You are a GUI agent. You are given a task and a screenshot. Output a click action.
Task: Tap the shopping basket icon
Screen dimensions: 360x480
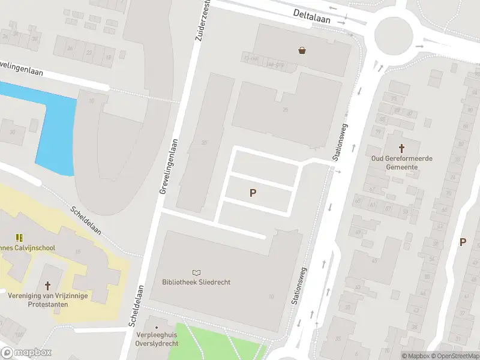pyautogui.click(x=302, y=50)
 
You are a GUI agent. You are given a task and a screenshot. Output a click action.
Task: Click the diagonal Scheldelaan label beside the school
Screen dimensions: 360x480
pyautogui.click(x=86, y=221)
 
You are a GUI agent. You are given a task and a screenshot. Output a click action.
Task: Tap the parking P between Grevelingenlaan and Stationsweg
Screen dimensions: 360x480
pyautogui.click(x=253, y=193)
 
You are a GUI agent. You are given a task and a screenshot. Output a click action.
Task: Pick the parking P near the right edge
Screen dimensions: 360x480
pyautogui.click(x=463, y=242)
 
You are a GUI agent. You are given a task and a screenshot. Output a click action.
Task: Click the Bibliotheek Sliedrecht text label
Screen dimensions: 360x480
pyautogui.click(x=196, y=282)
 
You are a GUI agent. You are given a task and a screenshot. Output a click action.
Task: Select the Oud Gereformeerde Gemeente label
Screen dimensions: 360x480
pyautogui.click(x=402, y=162)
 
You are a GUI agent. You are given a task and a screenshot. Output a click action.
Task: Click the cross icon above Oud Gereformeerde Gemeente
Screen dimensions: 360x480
pyautogui.click(x=402, y=147)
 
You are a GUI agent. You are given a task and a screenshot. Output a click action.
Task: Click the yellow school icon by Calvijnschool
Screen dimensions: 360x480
pyautogui.click(x=19, y=238)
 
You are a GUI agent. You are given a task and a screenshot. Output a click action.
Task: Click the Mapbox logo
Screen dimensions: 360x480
pyautogui.click(x=26, y=353)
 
